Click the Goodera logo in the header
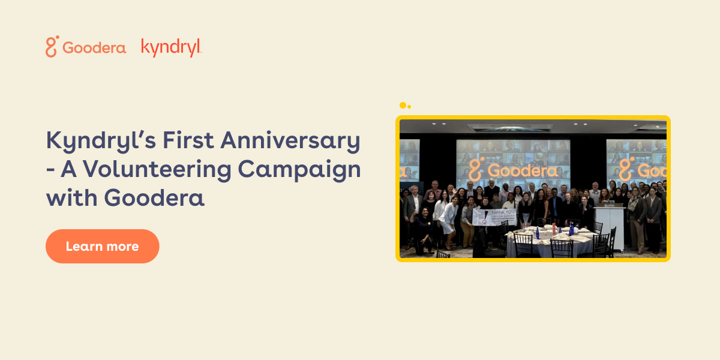pos(86,47)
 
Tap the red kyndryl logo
pos(171,47)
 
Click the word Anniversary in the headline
pos(290,142)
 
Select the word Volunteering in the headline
pos(159,170)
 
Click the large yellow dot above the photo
pos(403,105)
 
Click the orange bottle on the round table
pos(553,227)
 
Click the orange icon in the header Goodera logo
pos(52,47)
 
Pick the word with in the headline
pos(68,198)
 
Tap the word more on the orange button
pos(124,247)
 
